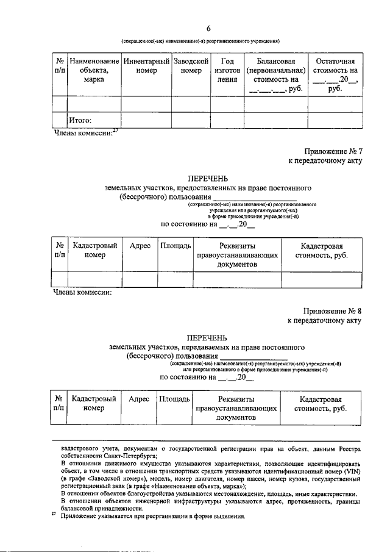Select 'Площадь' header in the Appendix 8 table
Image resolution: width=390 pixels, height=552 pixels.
[x=174, y=399]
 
